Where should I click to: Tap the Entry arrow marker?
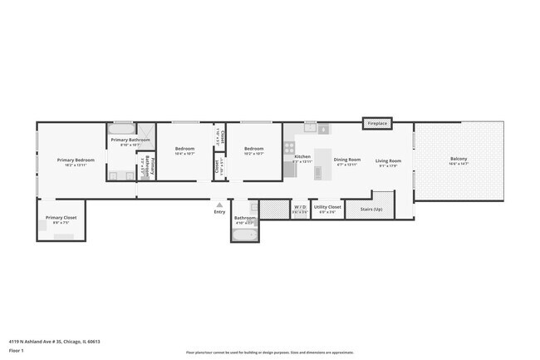[219, 204]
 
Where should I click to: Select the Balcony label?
[459, 159]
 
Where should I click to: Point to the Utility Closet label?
[327, 206]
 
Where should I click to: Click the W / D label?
[300, 206]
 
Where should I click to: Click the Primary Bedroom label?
[76, 160]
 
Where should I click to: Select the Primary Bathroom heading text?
[130, 140]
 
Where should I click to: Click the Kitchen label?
[302, 156]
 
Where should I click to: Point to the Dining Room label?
[346, 159]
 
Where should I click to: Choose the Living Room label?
[388, 160]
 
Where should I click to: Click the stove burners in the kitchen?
[290, 150]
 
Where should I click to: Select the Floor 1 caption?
[16, 352]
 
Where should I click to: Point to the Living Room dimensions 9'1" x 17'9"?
[388, 165]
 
